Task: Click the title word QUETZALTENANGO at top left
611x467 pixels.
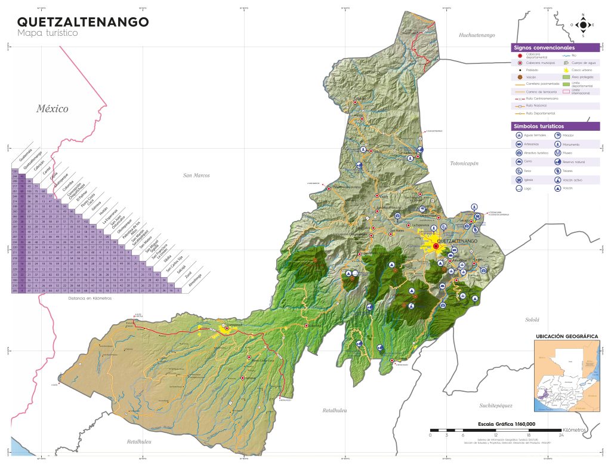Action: [83, 22]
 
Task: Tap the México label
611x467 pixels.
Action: [52, 109]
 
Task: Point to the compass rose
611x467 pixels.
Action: [583, 24]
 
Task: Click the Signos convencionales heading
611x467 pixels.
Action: [544, 47]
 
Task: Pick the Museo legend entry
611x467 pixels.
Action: [567, 153]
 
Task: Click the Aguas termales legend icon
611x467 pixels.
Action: [520, 136]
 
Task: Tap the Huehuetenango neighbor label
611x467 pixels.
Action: [477, 35]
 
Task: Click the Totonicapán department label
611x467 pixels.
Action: [465, 163]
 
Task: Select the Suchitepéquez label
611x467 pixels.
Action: [495, 405]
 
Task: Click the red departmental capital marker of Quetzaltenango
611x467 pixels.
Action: [436, 246]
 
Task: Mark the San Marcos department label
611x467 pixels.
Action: [197, 176]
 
